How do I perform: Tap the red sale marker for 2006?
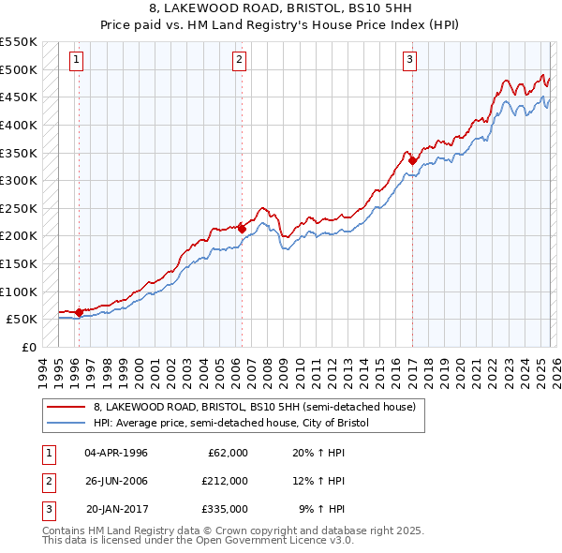242,228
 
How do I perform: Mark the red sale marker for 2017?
412,160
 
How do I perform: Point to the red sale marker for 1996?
79,312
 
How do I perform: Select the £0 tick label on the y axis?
27,347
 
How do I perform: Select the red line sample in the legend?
67,407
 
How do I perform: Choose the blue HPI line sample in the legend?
67,423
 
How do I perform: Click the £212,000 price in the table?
225,481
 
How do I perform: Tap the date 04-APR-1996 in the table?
116,453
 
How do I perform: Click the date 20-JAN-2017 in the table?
116,509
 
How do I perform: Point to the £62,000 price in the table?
228,453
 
